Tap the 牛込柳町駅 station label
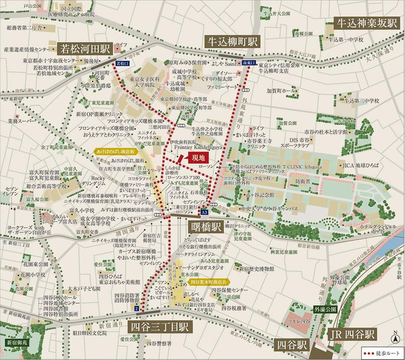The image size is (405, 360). click(233, 41)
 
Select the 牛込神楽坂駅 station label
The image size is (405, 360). click(366, 23)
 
